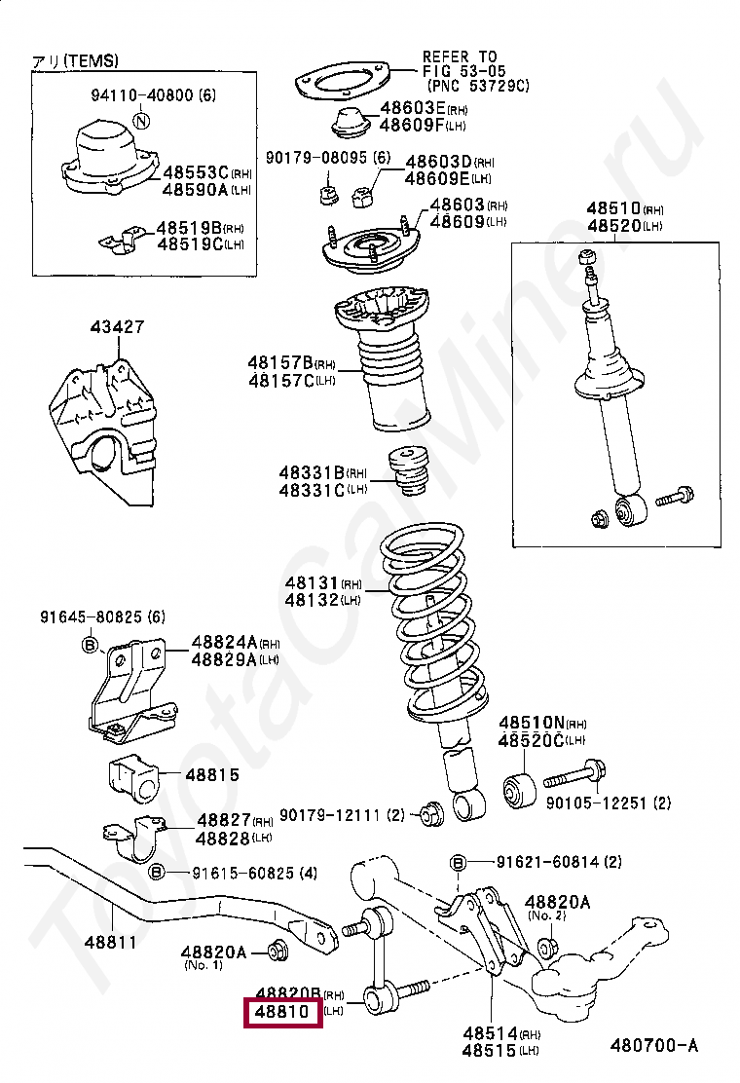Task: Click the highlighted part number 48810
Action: pos(282,1013)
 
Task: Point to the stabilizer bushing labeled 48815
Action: pos(130,775)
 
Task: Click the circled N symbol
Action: pos(142,122)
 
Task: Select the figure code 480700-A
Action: pos(653,1046)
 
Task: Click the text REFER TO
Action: pos(459,57)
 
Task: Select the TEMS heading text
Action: pos(76,60)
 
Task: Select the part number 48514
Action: pos(488,1033)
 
